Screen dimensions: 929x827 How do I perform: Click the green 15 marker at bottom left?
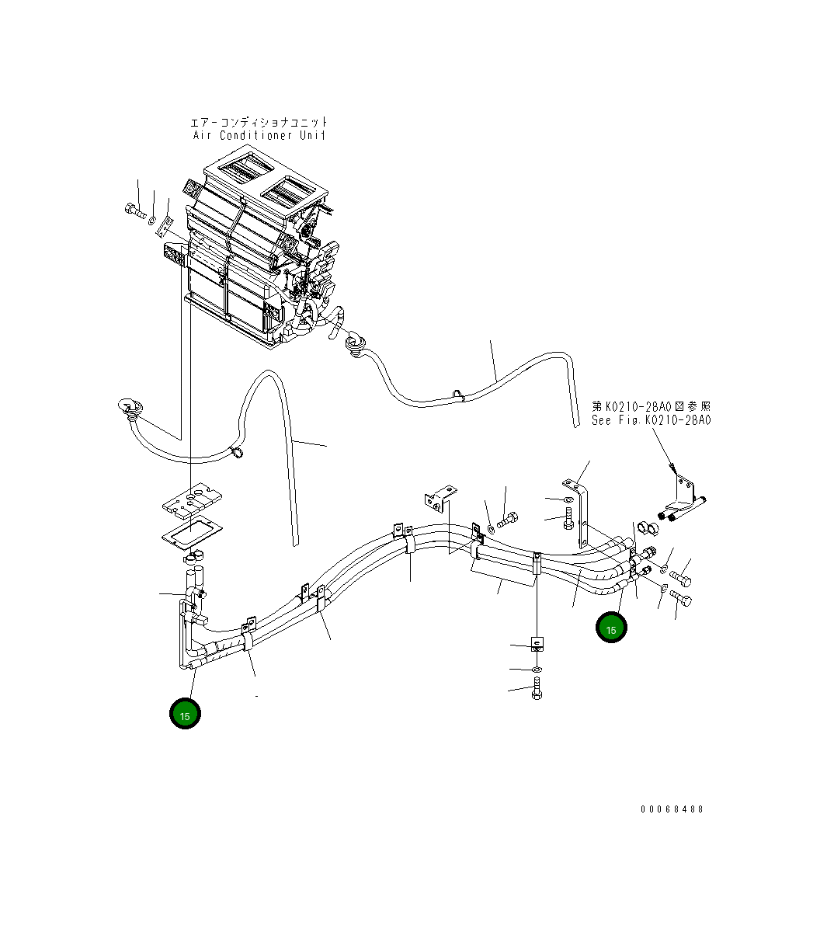coord(185,714)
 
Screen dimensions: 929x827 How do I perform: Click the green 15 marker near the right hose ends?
coord(611,628)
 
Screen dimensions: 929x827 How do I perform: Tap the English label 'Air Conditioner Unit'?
coord(259,135)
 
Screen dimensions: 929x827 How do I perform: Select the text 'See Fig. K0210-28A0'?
coord(651,420)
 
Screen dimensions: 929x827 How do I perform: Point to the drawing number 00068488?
coord(672,809)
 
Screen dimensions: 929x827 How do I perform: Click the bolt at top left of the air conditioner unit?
coord(134,210)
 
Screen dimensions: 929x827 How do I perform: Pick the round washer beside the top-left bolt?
coord(152,221)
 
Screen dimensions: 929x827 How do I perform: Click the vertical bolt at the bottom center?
coord(537,688)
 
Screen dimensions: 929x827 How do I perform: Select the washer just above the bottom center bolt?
coord(537,668)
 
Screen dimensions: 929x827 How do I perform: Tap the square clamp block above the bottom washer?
coord(537,644)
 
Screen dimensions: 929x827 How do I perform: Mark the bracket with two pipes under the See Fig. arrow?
coord(683,497)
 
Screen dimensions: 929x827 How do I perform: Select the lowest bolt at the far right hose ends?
coord(681,600)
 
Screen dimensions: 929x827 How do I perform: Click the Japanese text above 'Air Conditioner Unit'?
coord(259,122)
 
